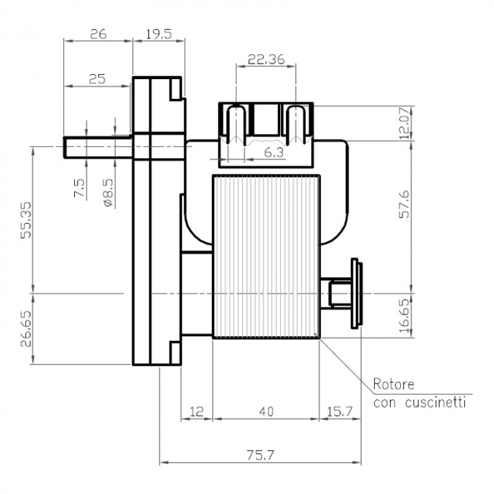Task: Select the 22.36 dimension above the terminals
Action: click(x=266, y=59)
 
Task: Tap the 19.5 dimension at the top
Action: click(x=158, y=33)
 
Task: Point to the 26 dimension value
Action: click(x=98, y=33)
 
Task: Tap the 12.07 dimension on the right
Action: click(x=404, y=123)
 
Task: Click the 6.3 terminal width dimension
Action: click(x=274, y=152)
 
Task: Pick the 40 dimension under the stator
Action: click(x=266, y=410)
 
